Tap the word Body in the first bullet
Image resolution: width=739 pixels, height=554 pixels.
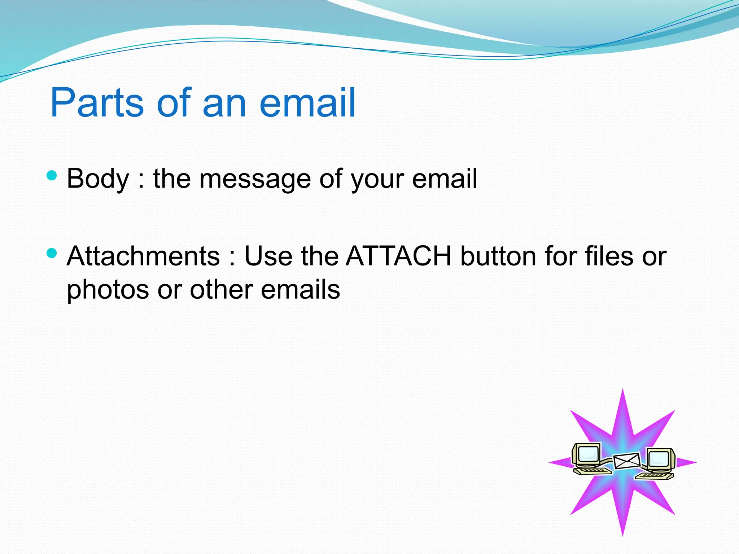tap(98, 179)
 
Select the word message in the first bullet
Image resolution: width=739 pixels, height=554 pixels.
tap(255, 179)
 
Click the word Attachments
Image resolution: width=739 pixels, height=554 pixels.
tap(143, 256)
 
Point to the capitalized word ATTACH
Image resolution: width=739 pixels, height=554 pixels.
tap(398, 256)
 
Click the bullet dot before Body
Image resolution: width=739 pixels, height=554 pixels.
tap(52, 176)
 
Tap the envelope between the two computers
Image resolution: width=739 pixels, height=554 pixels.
tap(627, 461)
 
